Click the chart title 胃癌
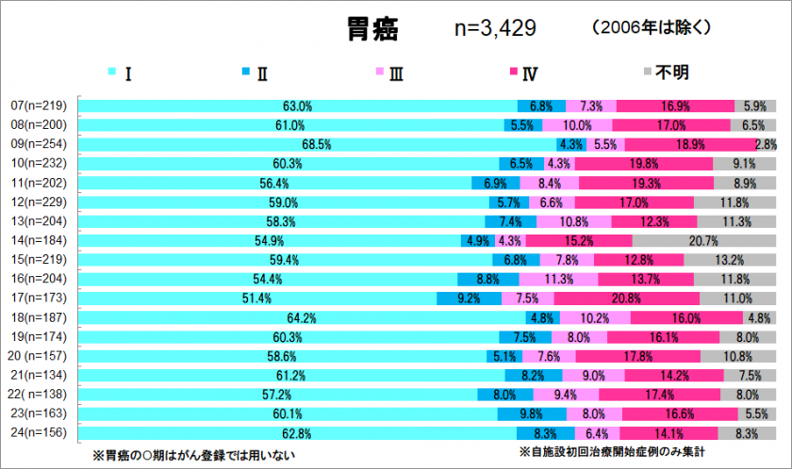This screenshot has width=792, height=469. (372, 30)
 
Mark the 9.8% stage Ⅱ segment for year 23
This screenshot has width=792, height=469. (533, 413)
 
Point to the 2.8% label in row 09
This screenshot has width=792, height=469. (766, 144)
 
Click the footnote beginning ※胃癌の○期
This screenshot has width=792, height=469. (193, 455)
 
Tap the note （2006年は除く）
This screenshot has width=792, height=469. (652, 29)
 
